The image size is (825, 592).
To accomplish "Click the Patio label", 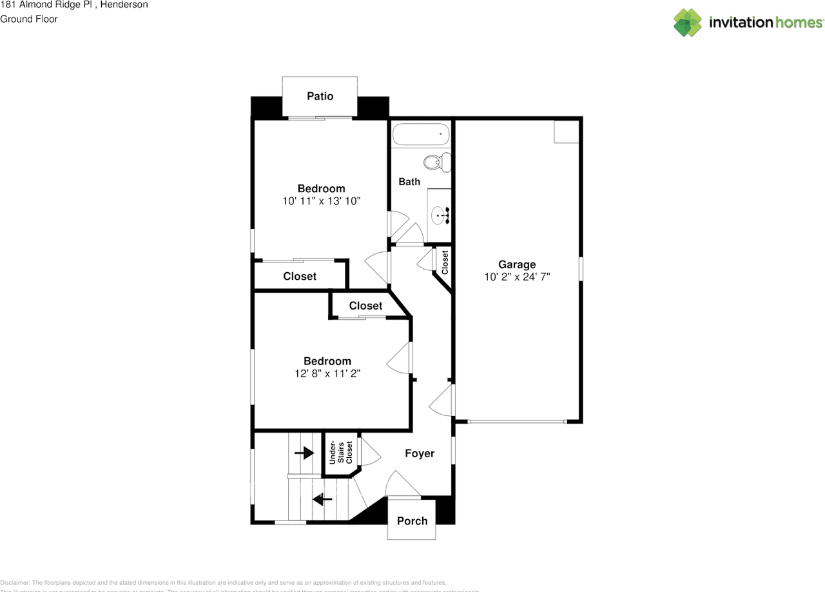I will [320, 96].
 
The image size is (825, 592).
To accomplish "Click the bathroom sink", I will [441, 215].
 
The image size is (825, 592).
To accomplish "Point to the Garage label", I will [517, 264].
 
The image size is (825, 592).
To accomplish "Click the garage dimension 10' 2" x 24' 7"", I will [517, 277].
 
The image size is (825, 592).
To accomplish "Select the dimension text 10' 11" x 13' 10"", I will [321, 201].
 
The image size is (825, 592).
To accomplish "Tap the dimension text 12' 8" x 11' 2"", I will [327, 373].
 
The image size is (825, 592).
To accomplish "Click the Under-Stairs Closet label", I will [340, 453].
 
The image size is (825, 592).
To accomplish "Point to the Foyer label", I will [420, 453].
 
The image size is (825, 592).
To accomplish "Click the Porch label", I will [412, 521].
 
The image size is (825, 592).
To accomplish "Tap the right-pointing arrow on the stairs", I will [304, 453].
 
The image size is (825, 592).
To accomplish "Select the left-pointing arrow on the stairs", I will [322, 498].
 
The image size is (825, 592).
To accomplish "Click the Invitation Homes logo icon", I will [687, 23].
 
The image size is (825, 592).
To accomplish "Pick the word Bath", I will [409, 182].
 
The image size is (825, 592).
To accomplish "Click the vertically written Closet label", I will [445, 262].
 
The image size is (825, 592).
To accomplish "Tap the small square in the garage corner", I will [567, 132].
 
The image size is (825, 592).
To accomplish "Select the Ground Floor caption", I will [29, 19].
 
